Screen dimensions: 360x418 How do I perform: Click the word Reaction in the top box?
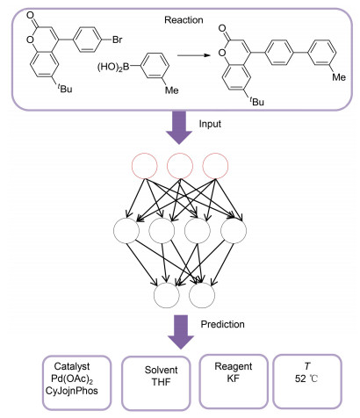point(184,20)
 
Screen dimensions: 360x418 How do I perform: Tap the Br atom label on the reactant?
point(117,40)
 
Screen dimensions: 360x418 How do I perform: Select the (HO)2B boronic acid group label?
point(113,68)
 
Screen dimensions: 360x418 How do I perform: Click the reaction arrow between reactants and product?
point(194,55)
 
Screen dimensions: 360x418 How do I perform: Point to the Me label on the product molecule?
point(339,77)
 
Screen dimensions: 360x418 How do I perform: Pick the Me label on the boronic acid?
point(172,90)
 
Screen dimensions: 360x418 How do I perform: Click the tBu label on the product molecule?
point(256,101)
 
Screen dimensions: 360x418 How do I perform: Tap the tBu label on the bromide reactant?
point(64,88)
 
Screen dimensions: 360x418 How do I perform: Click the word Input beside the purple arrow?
point(210,124)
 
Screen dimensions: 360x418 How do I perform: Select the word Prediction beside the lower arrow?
point(222,324)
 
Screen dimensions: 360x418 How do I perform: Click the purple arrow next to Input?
point(179,127)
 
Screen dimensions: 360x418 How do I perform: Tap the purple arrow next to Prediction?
point(181,332)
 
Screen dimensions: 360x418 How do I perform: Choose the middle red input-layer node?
point(180,166)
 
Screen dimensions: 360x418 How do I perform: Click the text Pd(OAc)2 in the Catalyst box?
point(72,378)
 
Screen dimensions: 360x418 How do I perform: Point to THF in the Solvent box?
point(161,382)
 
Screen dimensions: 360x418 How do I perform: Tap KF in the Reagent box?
point(233,378)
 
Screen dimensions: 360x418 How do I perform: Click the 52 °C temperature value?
point(306,378)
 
